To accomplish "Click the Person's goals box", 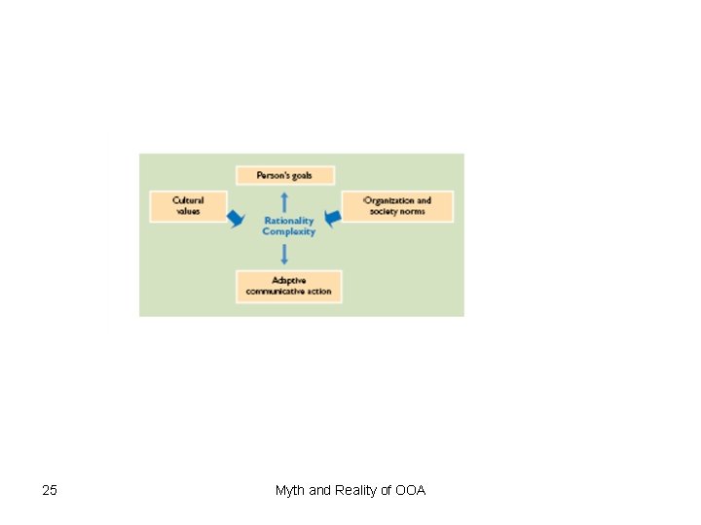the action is (x=285, y=176).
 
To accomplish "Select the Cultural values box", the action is (x=188, y=206).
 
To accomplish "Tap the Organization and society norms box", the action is (x=397, y=206).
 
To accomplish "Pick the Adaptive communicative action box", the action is (x=288, y=286).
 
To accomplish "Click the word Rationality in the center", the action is (x=289, y=221).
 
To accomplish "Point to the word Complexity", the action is (x=289, y=232).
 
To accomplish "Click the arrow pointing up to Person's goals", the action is (x=284, y=200).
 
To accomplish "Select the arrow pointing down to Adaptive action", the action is (x=284, y=254).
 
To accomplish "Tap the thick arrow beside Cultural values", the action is (x=235, y=217).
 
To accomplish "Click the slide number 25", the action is (x=50, y=490).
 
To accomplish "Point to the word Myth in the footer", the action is (x=290, y=490).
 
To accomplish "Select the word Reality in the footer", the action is (x=355, y=490).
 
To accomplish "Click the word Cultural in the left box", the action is (x=188, y=200).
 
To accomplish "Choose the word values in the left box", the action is (x=188, y=211).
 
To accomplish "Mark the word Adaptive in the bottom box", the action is (x=288, y=280).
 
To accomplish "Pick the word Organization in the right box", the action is (x=389, y=200).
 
